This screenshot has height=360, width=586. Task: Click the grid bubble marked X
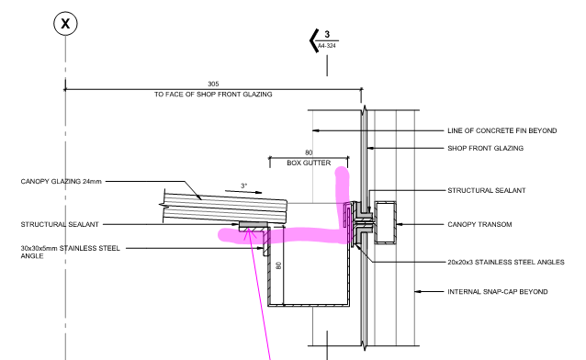66,24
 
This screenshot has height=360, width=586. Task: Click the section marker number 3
327,34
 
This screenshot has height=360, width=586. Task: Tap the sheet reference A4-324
327,46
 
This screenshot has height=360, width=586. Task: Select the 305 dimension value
213,84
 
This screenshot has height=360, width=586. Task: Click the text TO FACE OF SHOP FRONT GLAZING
213,95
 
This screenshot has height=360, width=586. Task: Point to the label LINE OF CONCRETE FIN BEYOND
502,130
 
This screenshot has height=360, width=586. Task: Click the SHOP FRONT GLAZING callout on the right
486,148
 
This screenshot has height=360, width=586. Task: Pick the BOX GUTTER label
309,163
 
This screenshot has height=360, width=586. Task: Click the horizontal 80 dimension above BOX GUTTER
309,152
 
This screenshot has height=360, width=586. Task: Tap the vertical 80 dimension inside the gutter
278,265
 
